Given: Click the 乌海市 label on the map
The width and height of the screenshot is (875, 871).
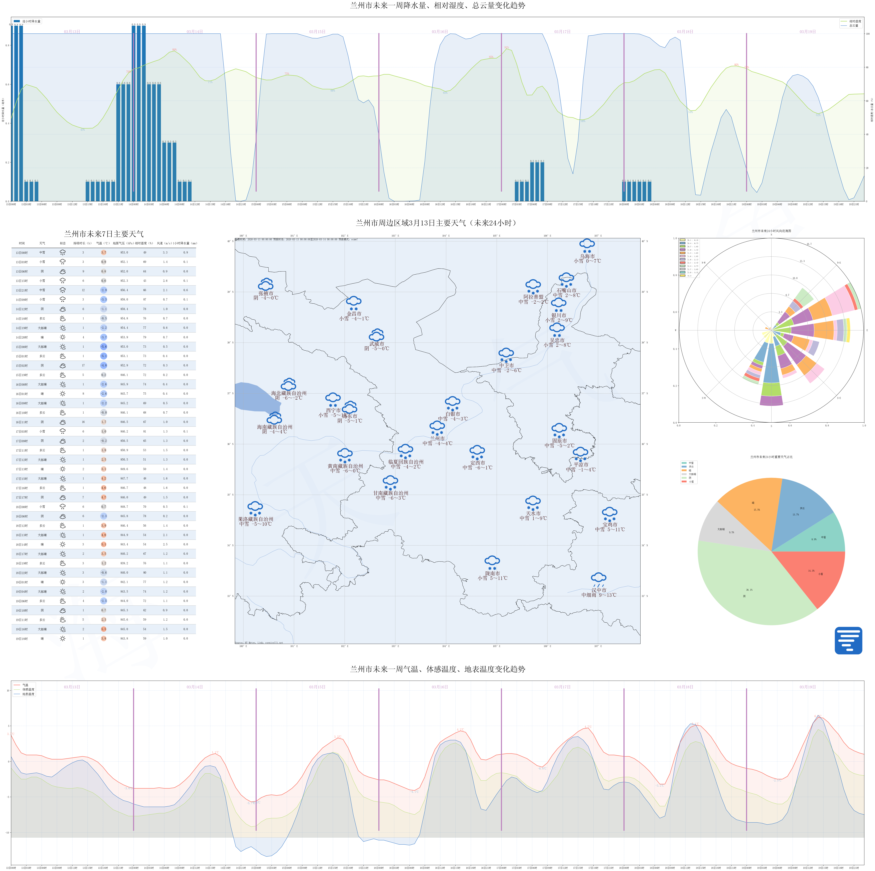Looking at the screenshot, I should point(587,256).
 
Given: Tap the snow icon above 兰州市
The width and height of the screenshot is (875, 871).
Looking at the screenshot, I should point(437,428).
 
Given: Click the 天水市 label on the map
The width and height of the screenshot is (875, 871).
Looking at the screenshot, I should point(533,513).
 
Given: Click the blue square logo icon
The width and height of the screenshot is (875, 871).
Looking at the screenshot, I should point(848,640).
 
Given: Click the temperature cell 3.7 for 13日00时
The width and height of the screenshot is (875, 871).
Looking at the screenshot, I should point(104,252).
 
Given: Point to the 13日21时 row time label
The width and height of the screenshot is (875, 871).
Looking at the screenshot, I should point(22,290).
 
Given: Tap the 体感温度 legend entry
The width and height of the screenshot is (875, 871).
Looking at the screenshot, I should point(28,689).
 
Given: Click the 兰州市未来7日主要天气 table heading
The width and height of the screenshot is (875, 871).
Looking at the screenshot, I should point(104,234).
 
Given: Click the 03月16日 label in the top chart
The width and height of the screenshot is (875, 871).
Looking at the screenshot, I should point(439,32).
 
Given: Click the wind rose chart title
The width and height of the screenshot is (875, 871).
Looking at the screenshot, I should point(771,231).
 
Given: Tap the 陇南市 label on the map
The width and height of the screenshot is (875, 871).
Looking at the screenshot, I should point(492,573).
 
